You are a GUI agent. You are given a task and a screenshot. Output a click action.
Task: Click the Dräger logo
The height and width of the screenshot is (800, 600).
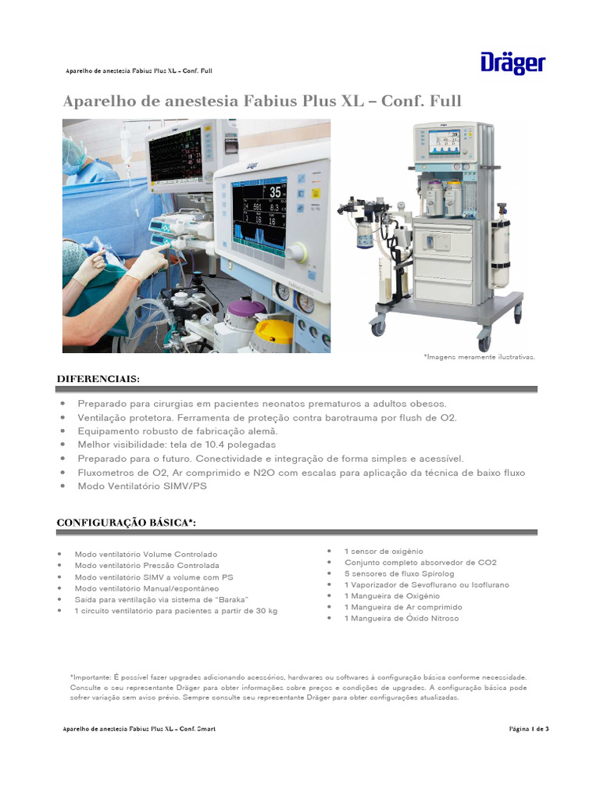pyautogui.click(x=512, y=63)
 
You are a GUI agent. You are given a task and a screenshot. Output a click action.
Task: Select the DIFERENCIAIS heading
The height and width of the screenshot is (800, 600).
pyautogui.click(x=98, y=379)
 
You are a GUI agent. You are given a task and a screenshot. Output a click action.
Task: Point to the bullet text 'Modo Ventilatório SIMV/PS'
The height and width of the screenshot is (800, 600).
pyautogui.click(x=141, y=486)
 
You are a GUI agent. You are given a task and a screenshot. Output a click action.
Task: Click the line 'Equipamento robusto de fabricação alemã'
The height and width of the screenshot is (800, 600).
pyautogui.click(x=177, y=431)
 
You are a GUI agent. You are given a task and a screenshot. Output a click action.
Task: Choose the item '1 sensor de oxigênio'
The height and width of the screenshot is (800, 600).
pyautogui.click(x=384, y=552)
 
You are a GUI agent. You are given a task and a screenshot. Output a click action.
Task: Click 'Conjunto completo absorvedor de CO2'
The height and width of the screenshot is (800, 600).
pyautogui.click(x=420, y=562)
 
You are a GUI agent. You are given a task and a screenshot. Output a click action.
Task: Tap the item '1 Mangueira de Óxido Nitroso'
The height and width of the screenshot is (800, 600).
pyautogui.click(x=402, y=618)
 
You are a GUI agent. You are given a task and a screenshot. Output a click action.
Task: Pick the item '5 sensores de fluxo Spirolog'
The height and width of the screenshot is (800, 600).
pyautogui.click(x=400, y=573)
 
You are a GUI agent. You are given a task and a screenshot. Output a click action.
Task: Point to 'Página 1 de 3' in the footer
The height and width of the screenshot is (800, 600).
pyautogui.click(x=529, y=729)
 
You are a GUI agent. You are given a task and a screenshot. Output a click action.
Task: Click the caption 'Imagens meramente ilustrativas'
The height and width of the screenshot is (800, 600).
pyautogui.click(x=479, y=356)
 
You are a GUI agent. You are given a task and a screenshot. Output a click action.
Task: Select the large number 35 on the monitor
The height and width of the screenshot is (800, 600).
pyautogui.click(x=276, y=192)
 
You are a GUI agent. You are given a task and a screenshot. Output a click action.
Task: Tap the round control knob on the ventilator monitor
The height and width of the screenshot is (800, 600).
pyautogui.click(x=297, y=252)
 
